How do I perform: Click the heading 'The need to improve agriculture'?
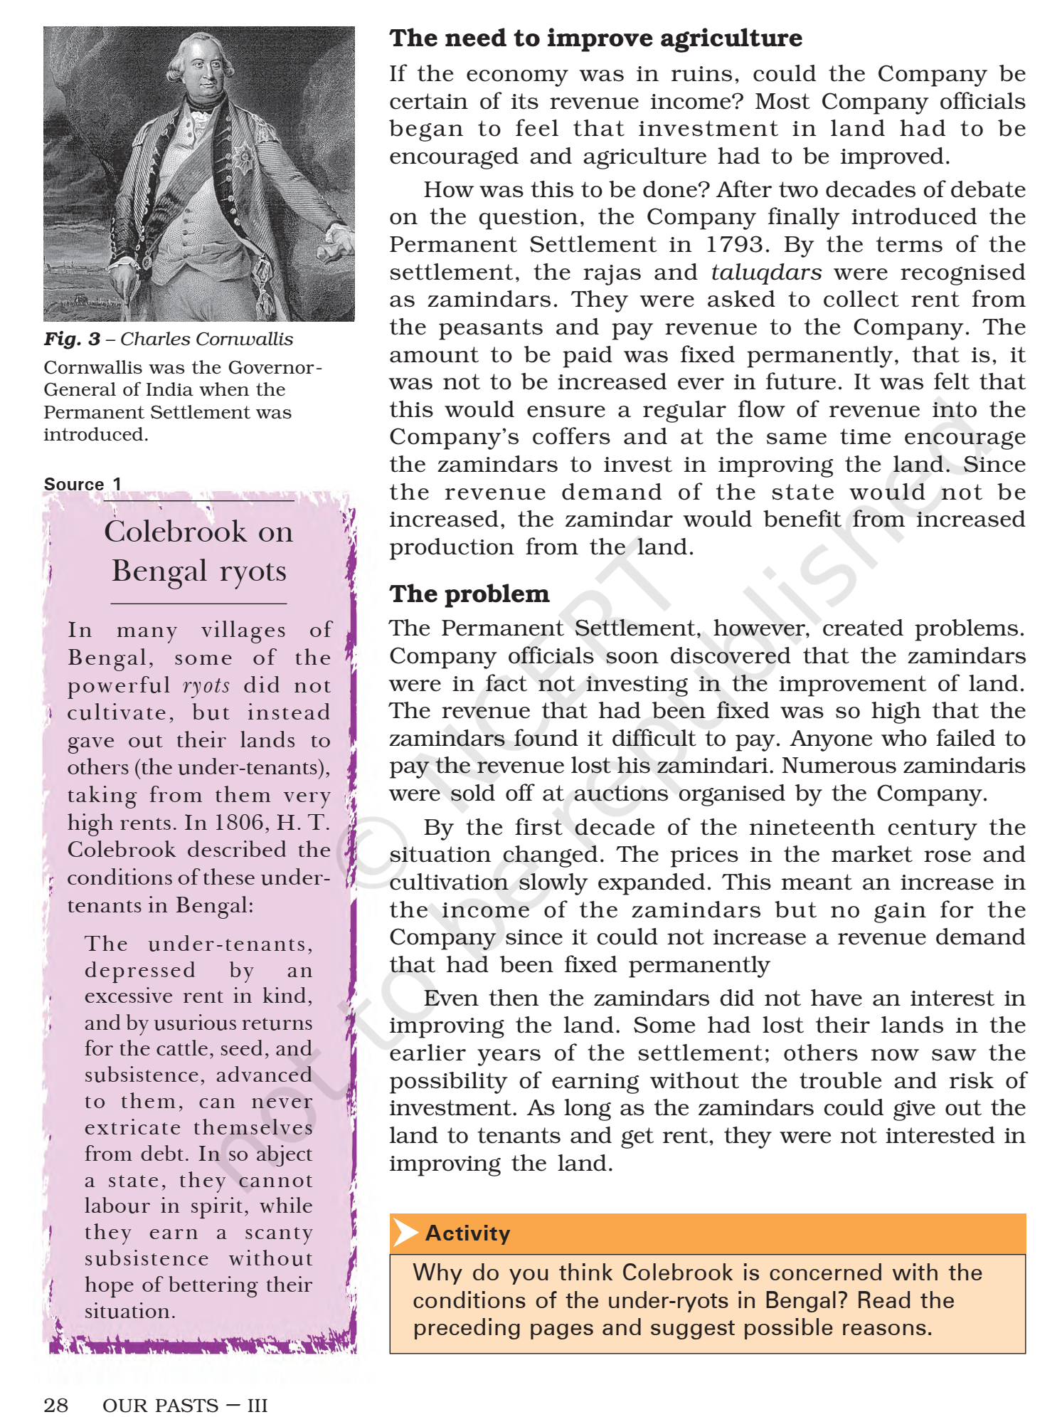595,38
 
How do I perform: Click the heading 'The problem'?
469,594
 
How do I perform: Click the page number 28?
55,1405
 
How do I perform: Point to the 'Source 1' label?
83,484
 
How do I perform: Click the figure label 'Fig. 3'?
72,339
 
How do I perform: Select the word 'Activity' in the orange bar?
467,1233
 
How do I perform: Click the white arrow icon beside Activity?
405,1233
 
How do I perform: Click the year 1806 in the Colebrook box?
239,823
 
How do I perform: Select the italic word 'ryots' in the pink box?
206,685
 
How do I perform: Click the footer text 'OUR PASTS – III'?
185,1405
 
